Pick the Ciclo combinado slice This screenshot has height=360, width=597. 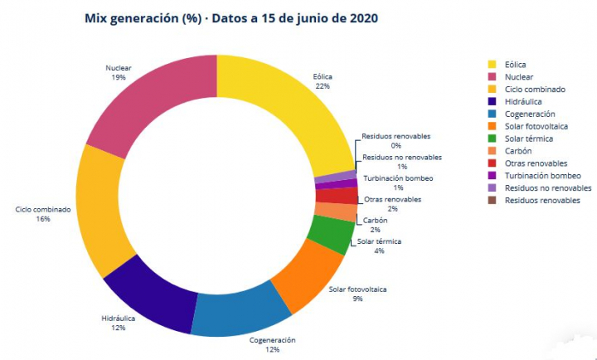click(x=99, y=212)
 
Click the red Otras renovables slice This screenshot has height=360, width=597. click(x=337, y=196)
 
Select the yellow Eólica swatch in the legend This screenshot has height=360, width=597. click(x=493, y=64)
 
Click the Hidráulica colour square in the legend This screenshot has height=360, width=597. click(x=493, y=101)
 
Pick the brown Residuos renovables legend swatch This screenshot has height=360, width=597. click(x=493, y=201)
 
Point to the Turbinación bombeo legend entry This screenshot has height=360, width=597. click(x=542, y=176)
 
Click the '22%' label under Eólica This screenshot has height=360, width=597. click(x=323, y=85)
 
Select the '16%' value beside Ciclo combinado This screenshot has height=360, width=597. click(x=44, y=219)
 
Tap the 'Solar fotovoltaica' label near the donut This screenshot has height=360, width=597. click(x=357, y=289)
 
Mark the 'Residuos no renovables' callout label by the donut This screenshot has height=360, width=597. click(x=402, y=157)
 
